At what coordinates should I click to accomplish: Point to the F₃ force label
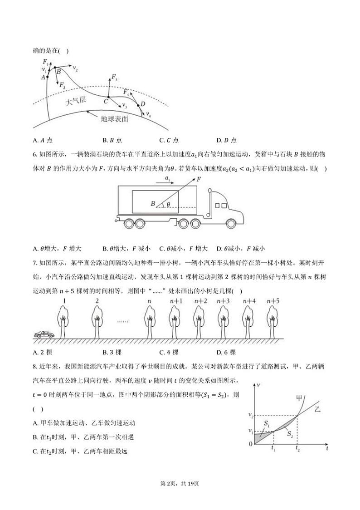point(115,78)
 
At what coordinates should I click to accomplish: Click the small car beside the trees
point(44,335)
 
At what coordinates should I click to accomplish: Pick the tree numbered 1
point(65,320)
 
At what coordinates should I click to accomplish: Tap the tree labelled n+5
point(272,320)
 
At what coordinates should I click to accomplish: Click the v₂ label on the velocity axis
point(250,415)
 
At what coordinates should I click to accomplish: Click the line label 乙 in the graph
point(317,409)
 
